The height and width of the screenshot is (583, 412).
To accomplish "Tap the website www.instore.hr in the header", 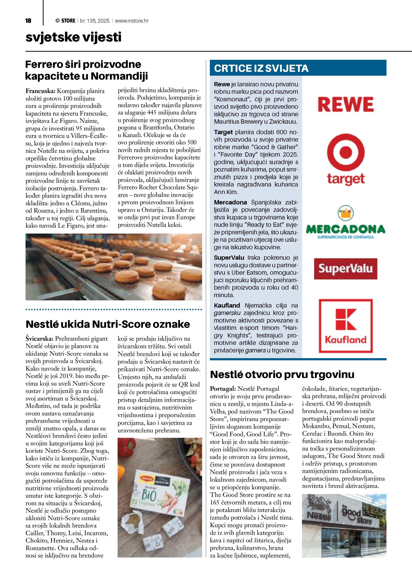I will (x=132, y=21).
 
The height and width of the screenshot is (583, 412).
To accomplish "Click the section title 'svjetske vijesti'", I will (x=73, y=37).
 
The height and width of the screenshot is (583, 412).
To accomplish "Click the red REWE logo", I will (x=346, y=104).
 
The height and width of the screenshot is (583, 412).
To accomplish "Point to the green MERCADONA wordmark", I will (x=346, y=229).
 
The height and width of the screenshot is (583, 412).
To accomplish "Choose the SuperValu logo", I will (x=346, y=269).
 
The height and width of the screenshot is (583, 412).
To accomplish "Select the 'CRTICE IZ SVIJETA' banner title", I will (x=261, y=68).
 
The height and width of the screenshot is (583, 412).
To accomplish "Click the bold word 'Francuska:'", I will (x=40, y=91).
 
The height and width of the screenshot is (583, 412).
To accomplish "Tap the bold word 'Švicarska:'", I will (x=39, y=338).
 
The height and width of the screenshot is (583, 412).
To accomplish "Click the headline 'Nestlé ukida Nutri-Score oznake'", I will (x=108, y=324).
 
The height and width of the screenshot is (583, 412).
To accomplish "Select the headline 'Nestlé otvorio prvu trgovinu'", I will (x=282, y=374).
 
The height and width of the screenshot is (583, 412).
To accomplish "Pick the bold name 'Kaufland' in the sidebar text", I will (x=227, y=306).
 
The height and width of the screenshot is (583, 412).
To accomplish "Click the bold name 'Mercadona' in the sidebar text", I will (x=230, y=202).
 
